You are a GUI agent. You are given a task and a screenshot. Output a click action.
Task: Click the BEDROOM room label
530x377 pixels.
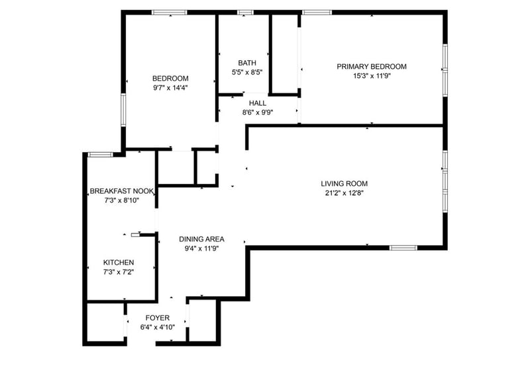point(170,79)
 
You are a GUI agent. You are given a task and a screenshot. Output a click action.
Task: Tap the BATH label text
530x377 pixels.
point(247,63)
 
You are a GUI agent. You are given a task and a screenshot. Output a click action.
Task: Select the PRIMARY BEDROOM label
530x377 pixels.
point(372,67)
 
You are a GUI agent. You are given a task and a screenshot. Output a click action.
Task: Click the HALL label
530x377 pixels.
point(258,103)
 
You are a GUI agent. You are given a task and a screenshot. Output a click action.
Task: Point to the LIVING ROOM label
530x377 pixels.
point(344,184)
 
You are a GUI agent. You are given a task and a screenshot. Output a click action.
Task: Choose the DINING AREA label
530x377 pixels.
point(201,239)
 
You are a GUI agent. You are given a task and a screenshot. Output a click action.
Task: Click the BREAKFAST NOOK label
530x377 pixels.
point(122,191)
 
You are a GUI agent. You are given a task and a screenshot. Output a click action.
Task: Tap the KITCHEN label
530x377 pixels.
point(119,262)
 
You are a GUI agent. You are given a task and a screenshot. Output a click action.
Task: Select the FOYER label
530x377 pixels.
point(158,318)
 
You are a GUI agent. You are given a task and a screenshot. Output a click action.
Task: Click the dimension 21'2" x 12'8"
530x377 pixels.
point(344,193)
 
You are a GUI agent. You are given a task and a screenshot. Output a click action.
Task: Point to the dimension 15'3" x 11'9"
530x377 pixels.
point(372,76)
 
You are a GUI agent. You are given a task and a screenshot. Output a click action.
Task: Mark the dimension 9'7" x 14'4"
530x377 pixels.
point(170,88)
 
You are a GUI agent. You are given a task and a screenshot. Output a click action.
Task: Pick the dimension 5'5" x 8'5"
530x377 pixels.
point(247,72)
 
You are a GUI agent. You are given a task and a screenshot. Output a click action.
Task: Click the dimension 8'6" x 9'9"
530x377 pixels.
point(258,112)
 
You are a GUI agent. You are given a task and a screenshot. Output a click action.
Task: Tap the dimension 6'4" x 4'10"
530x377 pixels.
point(158,327)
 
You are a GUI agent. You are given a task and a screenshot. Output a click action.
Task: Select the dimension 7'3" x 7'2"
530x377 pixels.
point(119,272)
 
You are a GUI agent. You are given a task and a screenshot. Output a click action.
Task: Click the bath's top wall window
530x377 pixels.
point(245,13)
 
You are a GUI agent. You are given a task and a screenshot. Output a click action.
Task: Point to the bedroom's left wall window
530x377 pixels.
point(123,110)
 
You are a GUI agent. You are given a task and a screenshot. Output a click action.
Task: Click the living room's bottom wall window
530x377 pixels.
point(403,248)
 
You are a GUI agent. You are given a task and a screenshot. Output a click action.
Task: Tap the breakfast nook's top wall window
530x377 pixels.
point(101,155)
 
